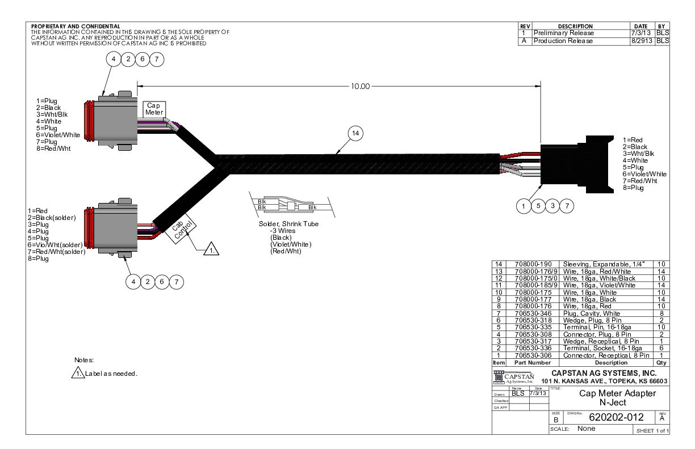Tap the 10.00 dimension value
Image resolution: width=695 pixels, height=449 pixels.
(x=360, y=86)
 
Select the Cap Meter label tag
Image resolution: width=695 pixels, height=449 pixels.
(x=154, y=109)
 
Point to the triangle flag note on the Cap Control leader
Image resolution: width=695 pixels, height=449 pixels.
(x=211, y=248)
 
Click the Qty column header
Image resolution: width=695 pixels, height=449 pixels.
(x=660, y=362)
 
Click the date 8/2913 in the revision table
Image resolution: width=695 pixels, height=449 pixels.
(x=642, y=41)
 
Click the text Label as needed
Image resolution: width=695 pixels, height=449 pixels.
(x=112, y=374)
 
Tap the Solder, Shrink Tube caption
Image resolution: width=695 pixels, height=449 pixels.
(x=284, y=224)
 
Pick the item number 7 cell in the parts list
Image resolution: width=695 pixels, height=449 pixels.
(x=497, y=312)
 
